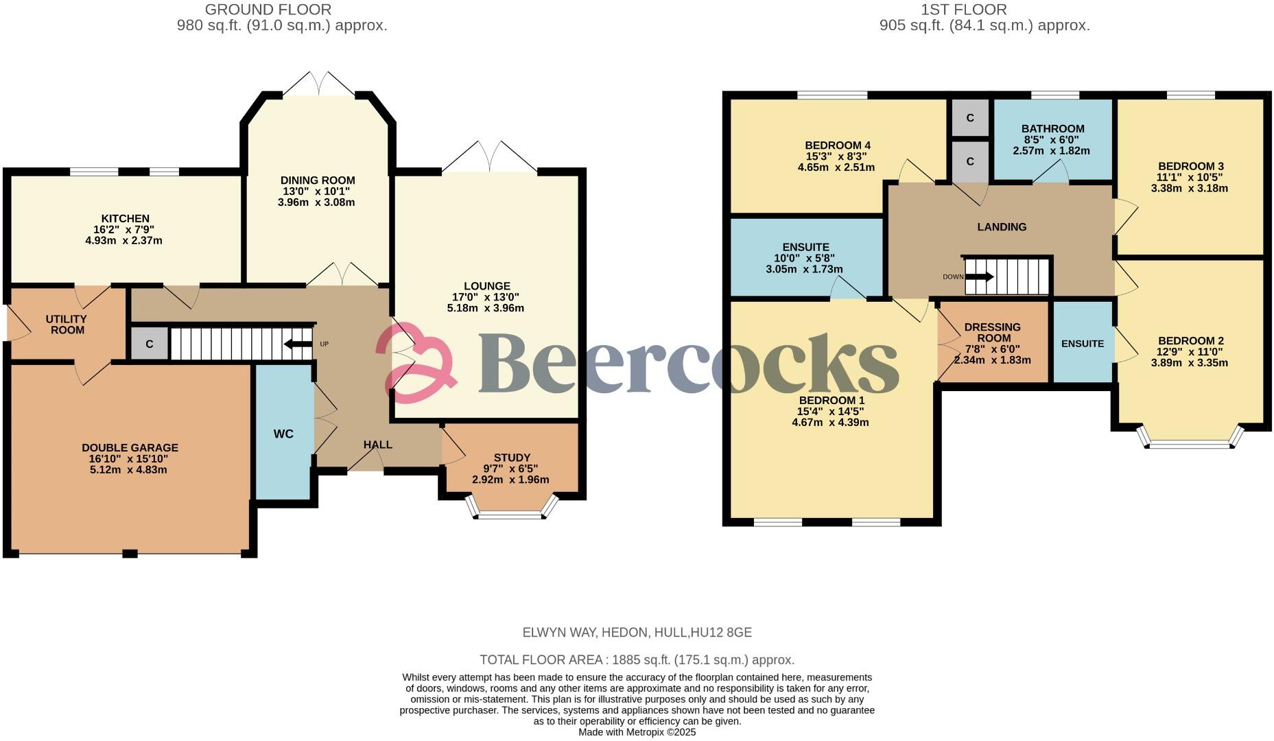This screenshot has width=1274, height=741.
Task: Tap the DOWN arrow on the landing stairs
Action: point(978,277)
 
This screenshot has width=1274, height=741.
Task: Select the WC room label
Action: point(283,434)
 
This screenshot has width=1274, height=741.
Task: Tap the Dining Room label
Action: point(318,180)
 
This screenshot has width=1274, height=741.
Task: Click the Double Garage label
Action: point(130,447)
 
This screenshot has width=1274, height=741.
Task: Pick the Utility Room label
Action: point(67,325)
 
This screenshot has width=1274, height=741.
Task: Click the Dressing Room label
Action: point(992,332)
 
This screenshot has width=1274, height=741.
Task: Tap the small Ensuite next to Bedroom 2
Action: point(1082,344)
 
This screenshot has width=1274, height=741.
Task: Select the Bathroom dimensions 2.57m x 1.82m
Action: point(1051,151)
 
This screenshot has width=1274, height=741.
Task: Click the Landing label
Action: point(1002,227)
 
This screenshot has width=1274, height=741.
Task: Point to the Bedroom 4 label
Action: point(837,145)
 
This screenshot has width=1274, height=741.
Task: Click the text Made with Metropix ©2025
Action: point(637,732)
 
